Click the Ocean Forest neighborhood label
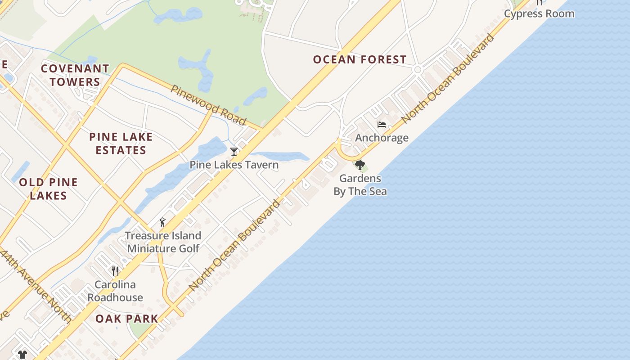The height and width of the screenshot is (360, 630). [x=360, y=59]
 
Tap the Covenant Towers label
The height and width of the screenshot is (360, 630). [x=75, y=75]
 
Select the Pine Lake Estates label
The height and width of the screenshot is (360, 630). [x=121, y=144]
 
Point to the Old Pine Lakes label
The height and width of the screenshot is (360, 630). [x=48, y=189]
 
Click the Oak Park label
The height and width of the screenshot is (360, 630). [x=127, y=319]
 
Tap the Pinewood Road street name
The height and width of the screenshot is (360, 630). [x=208, y=105]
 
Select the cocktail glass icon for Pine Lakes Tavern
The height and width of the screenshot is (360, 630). [x=234, y=152]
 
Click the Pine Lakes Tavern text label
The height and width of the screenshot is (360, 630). [x=234, y=165]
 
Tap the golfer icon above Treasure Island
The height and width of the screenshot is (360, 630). [x=162, y=222]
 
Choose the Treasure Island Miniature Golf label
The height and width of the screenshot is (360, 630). [x=163, y=242]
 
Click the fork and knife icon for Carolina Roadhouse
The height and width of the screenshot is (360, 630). [x=115, y=271]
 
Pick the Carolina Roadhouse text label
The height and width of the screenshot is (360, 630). [x=115, y=291]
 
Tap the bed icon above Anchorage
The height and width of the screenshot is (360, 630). [x=382, y=125]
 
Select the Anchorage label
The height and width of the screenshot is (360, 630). [x=382, y=138]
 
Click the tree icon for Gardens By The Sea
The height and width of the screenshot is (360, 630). [x=360, y=165]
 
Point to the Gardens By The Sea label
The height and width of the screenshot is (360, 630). [x=360, y=185]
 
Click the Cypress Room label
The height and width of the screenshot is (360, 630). [x=539, y=13]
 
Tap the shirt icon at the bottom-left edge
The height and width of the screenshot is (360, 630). [x=22, y=355]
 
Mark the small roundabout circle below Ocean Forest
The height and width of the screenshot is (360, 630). [x=417, y=70]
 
